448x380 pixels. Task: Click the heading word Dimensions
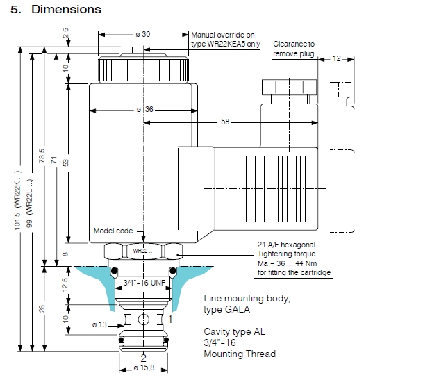click(x=66, y=10)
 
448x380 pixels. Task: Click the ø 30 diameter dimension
click(x=142, y=34)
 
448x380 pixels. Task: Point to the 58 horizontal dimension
click(x=224, y=122)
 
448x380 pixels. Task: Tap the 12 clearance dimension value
click(x=337, y=59)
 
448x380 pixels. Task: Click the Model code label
click(x=113, y=231)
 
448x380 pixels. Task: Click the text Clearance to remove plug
click(x=294, y=48)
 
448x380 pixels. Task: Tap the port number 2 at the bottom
click(x=143, y=358)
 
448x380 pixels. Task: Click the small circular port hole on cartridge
click(x=143, y=320)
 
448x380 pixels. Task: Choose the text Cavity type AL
click(x=235, y=331)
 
